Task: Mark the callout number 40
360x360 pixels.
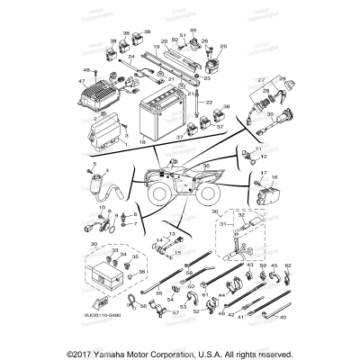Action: [283, 316]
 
